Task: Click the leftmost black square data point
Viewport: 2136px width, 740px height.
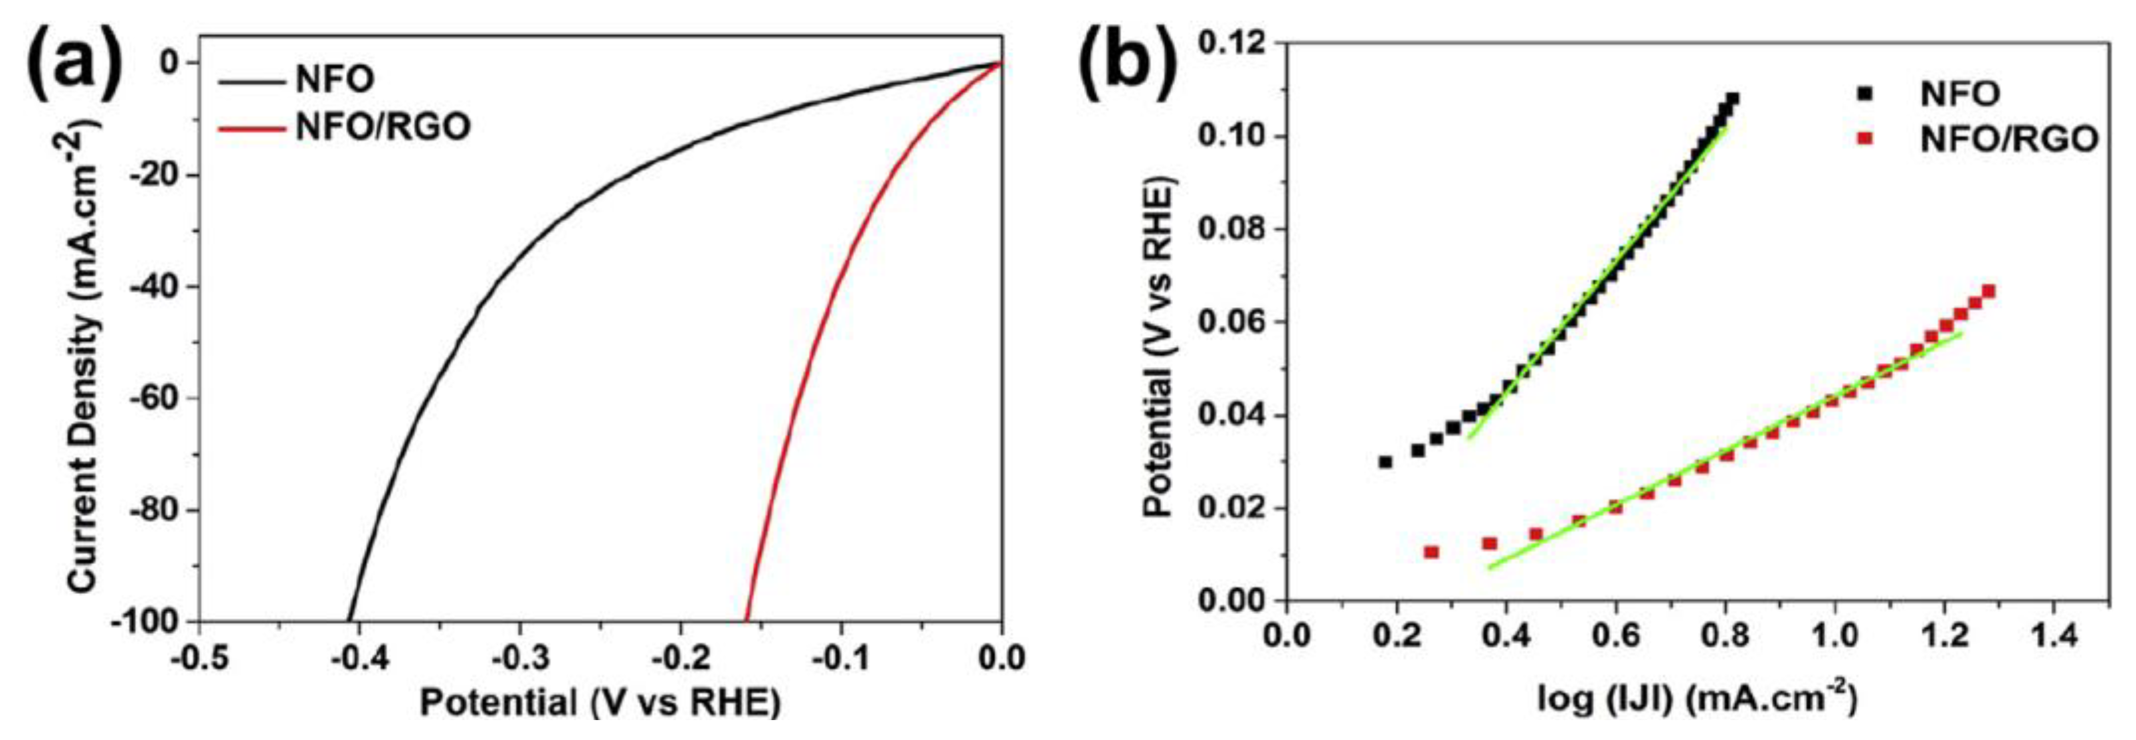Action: coord(1385,461)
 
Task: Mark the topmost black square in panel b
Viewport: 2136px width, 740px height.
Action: coord(1726,100)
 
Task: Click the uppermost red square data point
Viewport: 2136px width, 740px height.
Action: coord(1989,291)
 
